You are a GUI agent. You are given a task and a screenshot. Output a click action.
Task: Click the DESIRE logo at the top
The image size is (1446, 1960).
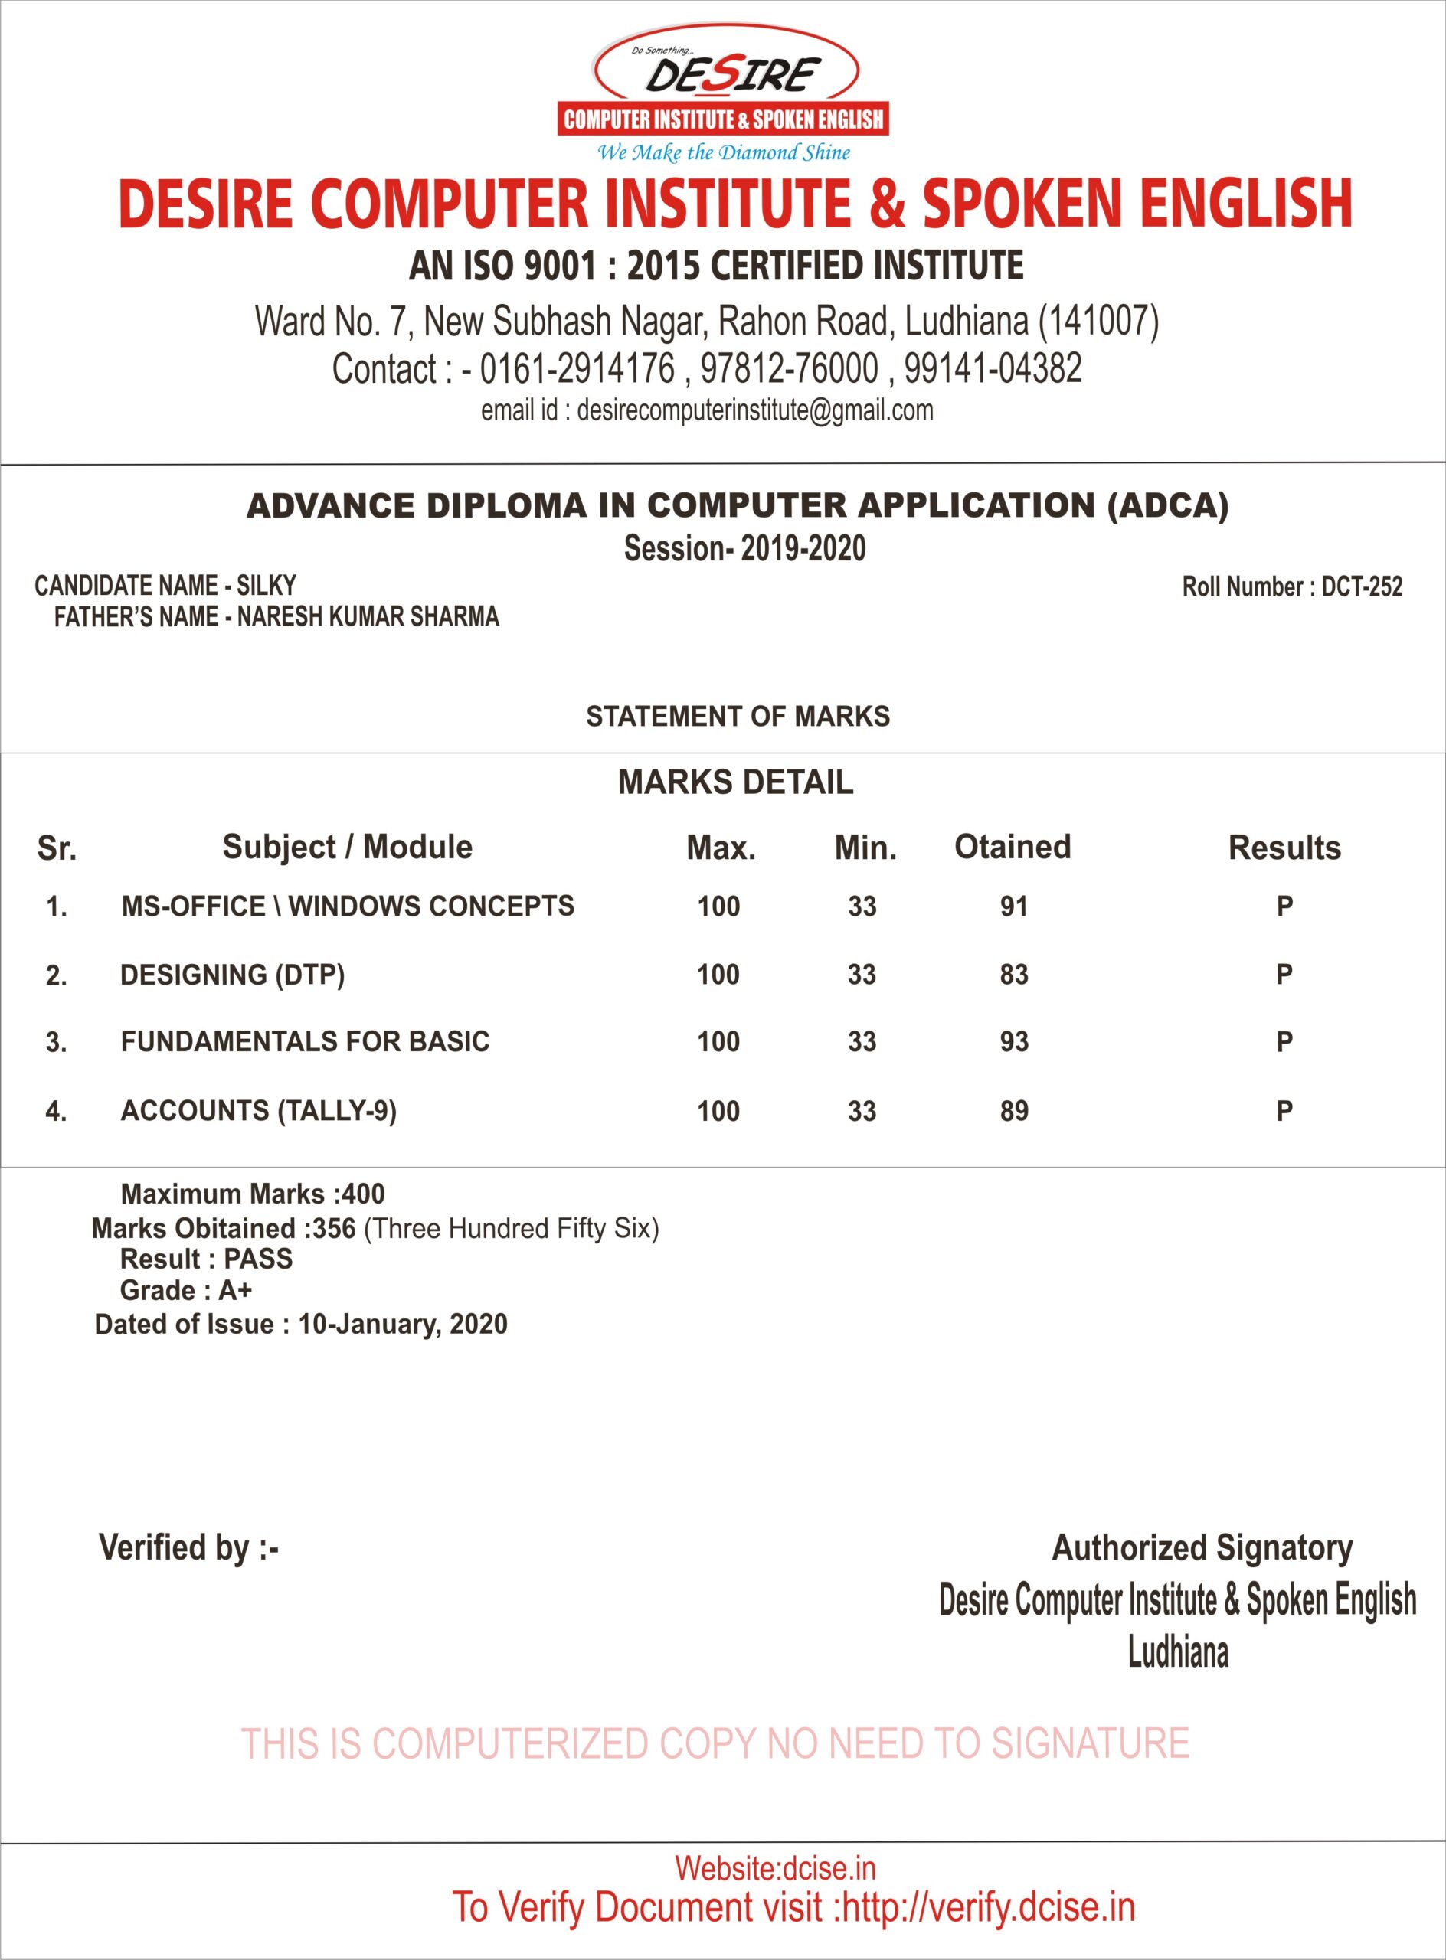click(724, 87)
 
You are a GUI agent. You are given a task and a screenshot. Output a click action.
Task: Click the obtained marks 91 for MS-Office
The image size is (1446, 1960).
click(1013, 906)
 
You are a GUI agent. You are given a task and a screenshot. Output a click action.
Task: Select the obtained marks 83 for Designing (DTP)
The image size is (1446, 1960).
click(1013, 975)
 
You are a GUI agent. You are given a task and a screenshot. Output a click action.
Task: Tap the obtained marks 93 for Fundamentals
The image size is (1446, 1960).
click(1013, 1042)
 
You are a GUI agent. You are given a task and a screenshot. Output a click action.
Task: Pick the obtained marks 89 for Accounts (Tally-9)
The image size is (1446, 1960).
click(1013, 1111)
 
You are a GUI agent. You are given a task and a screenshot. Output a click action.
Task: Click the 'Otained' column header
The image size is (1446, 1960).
click(1012, 847)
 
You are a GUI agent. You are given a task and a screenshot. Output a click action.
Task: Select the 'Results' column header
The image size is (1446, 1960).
click(1284, 848)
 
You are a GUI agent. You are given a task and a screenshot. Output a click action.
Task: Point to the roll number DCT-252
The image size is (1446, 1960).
click(1361, 586)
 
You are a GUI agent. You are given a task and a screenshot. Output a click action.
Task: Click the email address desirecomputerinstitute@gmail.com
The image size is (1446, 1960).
click(754, 410)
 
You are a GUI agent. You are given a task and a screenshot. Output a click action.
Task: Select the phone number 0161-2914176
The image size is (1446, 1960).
click(577, 368)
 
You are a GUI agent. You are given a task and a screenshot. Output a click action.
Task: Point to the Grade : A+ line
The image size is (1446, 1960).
click(185, 1291)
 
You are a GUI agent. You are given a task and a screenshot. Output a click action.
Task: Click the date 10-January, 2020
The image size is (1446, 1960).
click(403, 1324)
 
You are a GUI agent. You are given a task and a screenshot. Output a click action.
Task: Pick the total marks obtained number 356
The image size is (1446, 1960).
click(333, 1229)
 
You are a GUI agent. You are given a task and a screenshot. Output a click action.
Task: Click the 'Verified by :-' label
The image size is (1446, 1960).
click(188, 1547)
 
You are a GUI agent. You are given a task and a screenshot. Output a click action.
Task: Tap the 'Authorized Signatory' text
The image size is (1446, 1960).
click(1202, 1547)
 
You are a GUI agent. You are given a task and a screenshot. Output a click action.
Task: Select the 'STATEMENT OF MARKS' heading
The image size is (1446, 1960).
click(738, 717)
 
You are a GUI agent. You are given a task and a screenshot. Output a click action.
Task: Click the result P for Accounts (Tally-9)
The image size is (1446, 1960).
click(1284, 1111)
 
